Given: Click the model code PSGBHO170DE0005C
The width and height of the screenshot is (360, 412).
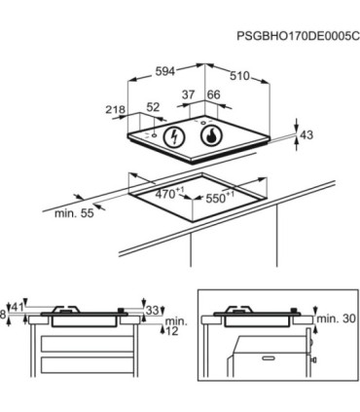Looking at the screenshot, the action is coord(298,36).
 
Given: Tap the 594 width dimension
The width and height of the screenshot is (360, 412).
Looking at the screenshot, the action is coord(165,71).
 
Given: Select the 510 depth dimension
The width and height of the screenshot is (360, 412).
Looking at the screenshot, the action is coord(240,76).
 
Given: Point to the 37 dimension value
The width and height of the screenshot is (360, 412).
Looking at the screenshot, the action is coord(188,94).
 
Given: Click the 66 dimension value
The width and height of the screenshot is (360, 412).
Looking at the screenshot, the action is coord(213,94).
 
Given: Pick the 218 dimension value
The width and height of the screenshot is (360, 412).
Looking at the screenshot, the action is coord(115,109).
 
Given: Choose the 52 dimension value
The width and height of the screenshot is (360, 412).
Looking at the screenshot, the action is coord(153,107).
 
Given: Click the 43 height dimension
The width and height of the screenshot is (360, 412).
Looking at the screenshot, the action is coord(306,134).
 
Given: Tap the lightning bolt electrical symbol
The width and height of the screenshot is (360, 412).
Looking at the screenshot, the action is coord(175,137).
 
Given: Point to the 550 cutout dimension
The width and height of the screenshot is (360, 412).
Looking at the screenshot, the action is coord(220,197).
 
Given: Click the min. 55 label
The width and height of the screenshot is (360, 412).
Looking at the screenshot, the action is coord(74,213).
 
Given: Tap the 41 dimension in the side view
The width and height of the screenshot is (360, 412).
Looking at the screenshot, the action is coord(18,307).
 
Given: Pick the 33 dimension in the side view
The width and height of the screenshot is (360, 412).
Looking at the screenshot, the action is coord(152,311).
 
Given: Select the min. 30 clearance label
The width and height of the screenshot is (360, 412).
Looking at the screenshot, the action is coord(336,318).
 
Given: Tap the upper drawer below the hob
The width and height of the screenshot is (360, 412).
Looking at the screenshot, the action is coord(87,344).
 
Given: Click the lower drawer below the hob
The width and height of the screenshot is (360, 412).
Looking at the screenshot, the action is coord(87,366).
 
